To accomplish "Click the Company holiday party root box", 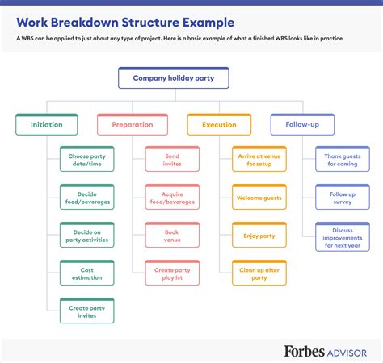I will [x=173, y=78].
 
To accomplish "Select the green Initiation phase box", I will [x=46, y=124].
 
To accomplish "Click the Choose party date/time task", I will [x=87, y=159].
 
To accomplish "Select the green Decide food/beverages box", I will [x=87, y=197].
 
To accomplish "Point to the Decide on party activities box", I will [x=87, y=235].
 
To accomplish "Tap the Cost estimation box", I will [x=87, y=273].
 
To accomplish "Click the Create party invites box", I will [x=87, y=311].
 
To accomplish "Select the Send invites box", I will [x=172, y=159].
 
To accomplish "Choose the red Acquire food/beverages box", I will [x=172, y=197].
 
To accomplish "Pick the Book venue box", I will [x=172, y=235].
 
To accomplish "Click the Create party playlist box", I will [x=172, y=273].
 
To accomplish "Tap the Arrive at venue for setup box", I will [x=259, y=159].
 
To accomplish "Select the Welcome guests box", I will [x=259, y=197].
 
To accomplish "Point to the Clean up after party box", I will [x=259, y=273].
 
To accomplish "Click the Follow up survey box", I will [x=343, y=197].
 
